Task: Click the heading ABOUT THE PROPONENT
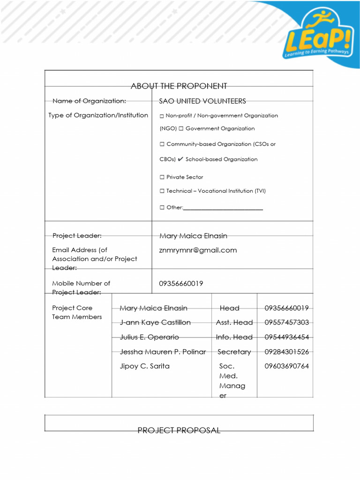pyautogui.click(x=179, y=86)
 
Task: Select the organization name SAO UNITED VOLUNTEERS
pyautogui.click(x=202, y=101)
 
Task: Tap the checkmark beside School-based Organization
pyautogui.click(x=180, y=159)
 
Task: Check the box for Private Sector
pyautogui.click(x=162, y=177)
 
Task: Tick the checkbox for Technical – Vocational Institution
pyautogui.click(x=162, y=191)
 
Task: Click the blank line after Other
pyautogui.click(x=223, y=208)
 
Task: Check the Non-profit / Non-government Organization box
pyautogui.click(x=162, y=116)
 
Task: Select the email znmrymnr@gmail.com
pyautogui.click(x=198, y=250)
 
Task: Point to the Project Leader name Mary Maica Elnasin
pyautogui.click(x=193, y=236)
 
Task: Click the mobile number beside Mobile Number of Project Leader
pyautogui.click(x=181, y=284)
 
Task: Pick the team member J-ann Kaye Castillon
pyautogui.click(x=155, y=322)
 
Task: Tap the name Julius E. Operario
pyautogui.click(x=149, y=337)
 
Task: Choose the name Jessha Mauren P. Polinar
pyautogui.click(x=163, y=352)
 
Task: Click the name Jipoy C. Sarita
pyautogui.click(x=144, y=366)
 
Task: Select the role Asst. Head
pyautogui.click(x=234, y=322)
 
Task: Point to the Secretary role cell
pyautogui.click(x=234, y=352)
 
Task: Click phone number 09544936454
pyautogui.click(x=286, y=337)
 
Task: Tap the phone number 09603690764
pyautogui.click(x=286, y=366)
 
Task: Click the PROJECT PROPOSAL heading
pyautogui.click(x=179, y=430)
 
